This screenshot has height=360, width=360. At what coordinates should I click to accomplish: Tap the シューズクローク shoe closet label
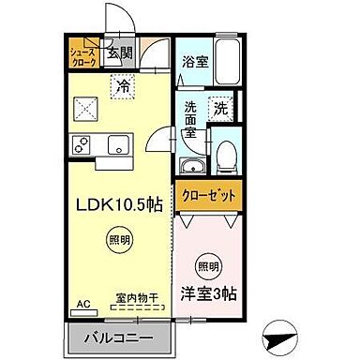pyautogui.click(x=82, y=55)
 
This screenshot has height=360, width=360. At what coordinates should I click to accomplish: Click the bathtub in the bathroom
pyautogui.click(x=229, y=62)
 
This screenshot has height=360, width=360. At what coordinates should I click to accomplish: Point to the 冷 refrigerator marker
pyautogui.click(x=123, y=87)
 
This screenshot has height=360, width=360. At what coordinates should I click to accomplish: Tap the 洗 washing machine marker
pyautogui.click(x=221, y=108)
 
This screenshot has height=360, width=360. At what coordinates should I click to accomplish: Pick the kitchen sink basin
pyautogui.click(x=119, y=145)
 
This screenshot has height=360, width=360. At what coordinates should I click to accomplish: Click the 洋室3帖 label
pyautogui.click(x=211, y=293)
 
